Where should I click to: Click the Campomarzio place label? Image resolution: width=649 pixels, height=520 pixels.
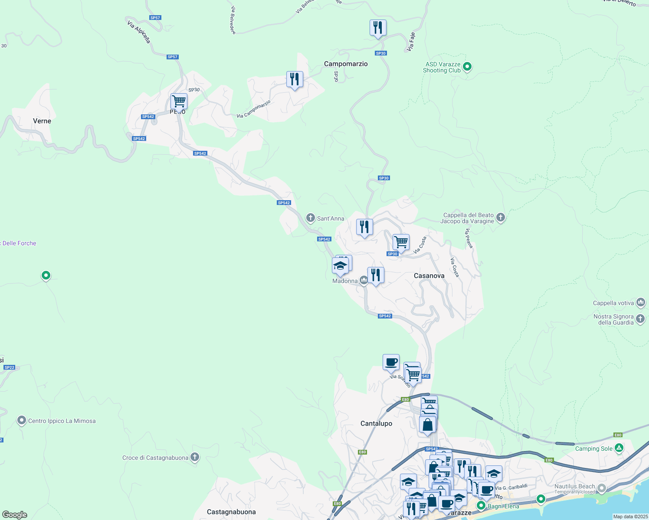[346, 64]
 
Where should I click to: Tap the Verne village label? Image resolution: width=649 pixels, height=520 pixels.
[42, 121]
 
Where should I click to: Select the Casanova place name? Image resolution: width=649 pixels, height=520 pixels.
[429, 276]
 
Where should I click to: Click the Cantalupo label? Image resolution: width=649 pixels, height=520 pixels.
[376, 423]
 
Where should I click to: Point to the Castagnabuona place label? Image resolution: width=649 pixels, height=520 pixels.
[231, 512]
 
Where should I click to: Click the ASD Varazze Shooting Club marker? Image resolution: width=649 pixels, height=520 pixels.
[467, 67]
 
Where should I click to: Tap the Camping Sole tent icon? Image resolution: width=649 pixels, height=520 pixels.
[619, 448]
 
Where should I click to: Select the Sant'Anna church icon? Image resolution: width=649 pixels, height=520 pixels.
[310, 218]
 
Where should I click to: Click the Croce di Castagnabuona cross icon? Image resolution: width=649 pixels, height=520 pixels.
[195, 457]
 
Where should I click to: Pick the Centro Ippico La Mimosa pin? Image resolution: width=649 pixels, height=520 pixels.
[21, 420]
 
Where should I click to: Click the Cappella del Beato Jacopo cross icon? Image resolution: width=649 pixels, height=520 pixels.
[501, 217]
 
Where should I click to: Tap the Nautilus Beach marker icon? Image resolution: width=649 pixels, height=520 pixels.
[602, 489]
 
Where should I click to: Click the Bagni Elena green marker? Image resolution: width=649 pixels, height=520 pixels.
[481, 506]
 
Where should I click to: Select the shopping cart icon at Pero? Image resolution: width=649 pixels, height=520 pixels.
[179, 101]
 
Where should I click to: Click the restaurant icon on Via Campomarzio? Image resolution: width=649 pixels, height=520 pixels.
[295, 79]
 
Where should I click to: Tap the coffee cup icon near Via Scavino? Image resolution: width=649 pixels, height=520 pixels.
[391, 362]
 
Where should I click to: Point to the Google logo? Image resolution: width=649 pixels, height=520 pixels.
[15, 514]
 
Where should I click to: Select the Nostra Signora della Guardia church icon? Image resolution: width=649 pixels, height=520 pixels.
[641, 319]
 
